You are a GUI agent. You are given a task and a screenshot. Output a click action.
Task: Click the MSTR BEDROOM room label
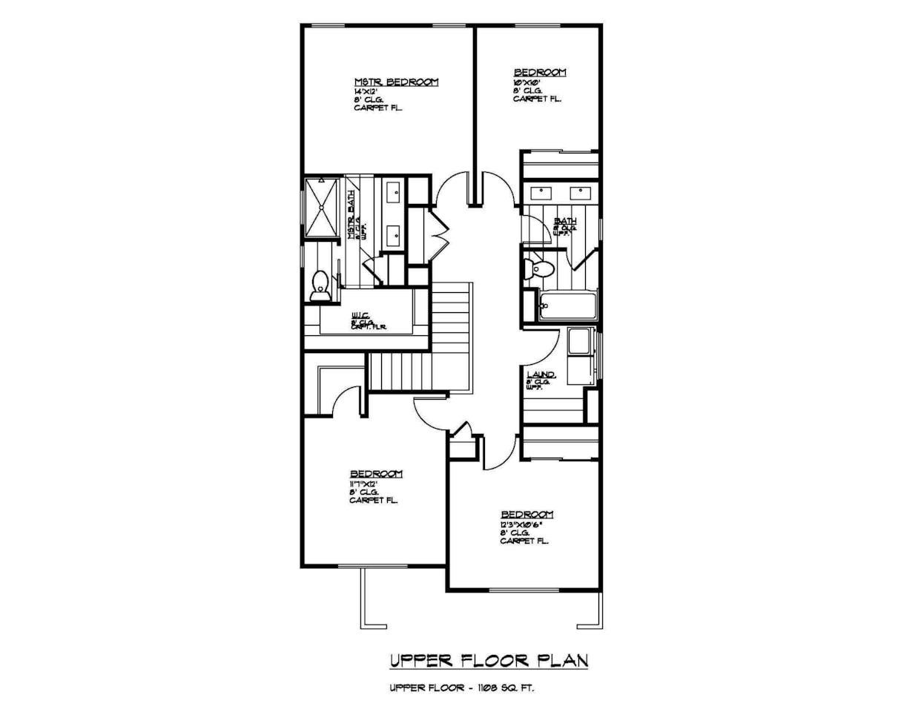(396, 82)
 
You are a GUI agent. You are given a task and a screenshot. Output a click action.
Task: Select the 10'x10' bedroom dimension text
(526, 82)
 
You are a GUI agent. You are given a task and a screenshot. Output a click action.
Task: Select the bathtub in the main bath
(567, 306)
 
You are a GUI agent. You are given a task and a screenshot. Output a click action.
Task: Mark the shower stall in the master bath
(322, 208)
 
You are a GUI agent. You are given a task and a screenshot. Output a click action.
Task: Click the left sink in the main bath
(542, 192)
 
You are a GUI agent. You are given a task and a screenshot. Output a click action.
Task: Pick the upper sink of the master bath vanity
(393, 193)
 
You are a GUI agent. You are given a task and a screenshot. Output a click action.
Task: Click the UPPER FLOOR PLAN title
(489, 659)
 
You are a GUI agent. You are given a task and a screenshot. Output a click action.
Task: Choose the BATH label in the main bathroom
(565, 221)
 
